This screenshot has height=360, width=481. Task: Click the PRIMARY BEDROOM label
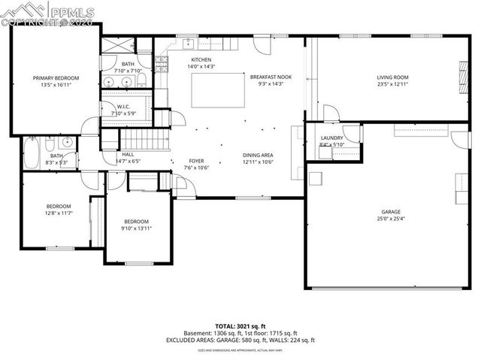point(56,77)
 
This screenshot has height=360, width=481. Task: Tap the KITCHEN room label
point(201,59)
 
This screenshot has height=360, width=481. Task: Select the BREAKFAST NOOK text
point(271,76)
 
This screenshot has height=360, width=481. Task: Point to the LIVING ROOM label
point(392,77)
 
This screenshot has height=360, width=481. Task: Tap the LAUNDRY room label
point(331,138)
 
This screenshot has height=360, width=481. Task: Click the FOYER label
point(196,160)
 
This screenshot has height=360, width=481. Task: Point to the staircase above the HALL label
point(142,139)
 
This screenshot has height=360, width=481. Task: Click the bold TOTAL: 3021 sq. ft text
point(240,325)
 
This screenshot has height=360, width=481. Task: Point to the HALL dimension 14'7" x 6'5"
point(128,161)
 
